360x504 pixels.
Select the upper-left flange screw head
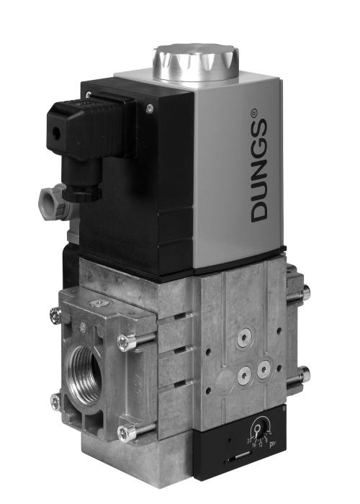click(x=55, y=314)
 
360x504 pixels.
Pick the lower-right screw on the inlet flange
click(x=127, y=432)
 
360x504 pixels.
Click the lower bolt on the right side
click(x=303, y=375)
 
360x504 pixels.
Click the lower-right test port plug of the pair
click(x=264, y=368)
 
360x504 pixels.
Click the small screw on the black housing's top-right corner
click(x=150, y=108)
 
